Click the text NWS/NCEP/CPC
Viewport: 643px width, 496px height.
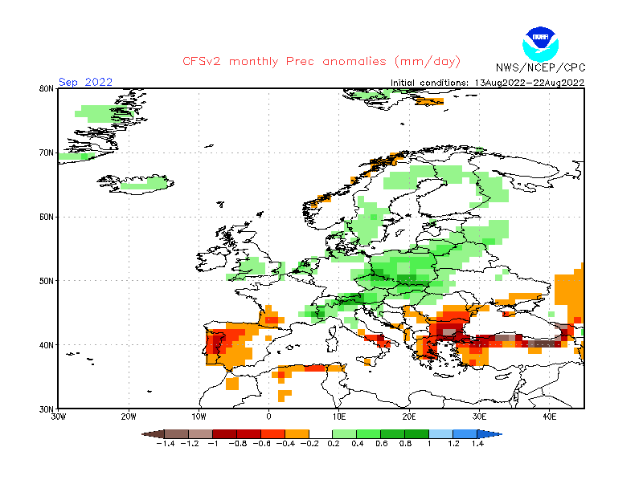[539, 67]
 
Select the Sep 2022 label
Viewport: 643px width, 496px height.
[86, 82]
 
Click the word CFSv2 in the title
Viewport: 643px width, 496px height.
[204, 62]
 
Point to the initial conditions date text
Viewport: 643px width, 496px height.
[487, 83]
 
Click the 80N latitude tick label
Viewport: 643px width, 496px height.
[47, 88]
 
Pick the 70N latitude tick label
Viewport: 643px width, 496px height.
[47, 152]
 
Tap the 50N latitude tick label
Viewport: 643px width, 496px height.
[47, 281]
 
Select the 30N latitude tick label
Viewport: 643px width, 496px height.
[47, 409]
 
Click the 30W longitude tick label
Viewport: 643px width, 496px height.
[58, 417]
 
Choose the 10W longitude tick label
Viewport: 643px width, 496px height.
[199, 417]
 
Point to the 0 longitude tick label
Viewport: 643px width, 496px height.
[268, 417]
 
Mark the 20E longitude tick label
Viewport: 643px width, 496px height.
[409, 417]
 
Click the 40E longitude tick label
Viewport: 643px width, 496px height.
[550, 417]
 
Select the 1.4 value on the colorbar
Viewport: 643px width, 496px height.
[477, 443]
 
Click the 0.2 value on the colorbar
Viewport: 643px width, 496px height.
[332, 443]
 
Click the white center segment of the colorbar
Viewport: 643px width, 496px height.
[321, 433]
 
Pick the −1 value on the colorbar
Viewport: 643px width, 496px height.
[211, 443]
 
